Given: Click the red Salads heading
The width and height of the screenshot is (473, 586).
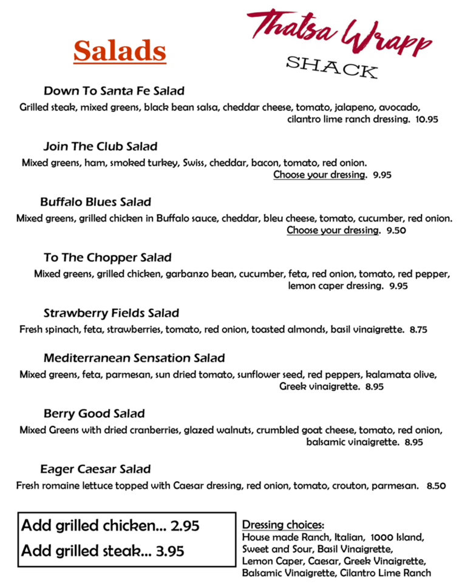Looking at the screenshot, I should tap(120, 52).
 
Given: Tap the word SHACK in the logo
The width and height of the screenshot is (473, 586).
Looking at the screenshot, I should tap(332, 67).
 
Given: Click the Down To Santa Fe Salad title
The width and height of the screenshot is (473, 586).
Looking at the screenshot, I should tap(114, 91).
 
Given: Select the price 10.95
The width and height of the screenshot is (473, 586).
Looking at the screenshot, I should tap(427, 120).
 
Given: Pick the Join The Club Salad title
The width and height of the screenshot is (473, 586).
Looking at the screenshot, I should tap(100, 147).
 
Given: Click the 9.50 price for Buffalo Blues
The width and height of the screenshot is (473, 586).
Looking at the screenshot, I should tap(396, 231).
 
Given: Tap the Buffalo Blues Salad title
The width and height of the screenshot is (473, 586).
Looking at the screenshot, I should tap(95, 202).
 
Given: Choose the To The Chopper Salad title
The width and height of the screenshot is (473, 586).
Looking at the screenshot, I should tap(107, 258).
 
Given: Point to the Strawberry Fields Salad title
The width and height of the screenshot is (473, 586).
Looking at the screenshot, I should tap(111, 314).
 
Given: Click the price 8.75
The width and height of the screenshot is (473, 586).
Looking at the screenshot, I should tap(419, 330).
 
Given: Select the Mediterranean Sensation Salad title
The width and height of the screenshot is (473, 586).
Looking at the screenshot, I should tap(134, 358).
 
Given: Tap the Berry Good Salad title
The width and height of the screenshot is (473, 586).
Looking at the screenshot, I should tap(94, 414).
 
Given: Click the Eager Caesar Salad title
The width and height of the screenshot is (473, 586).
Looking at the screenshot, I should tap(95, 470).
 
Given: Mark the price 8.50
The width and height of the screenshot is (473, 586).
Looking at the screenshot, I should tap(437, 486).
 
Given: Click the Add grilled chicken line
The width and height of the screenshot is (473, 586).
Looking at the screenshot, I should tap(111, 526).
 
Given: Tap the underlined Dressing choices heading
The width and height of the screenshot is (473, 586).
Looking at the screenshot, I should tap(283, 525).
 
